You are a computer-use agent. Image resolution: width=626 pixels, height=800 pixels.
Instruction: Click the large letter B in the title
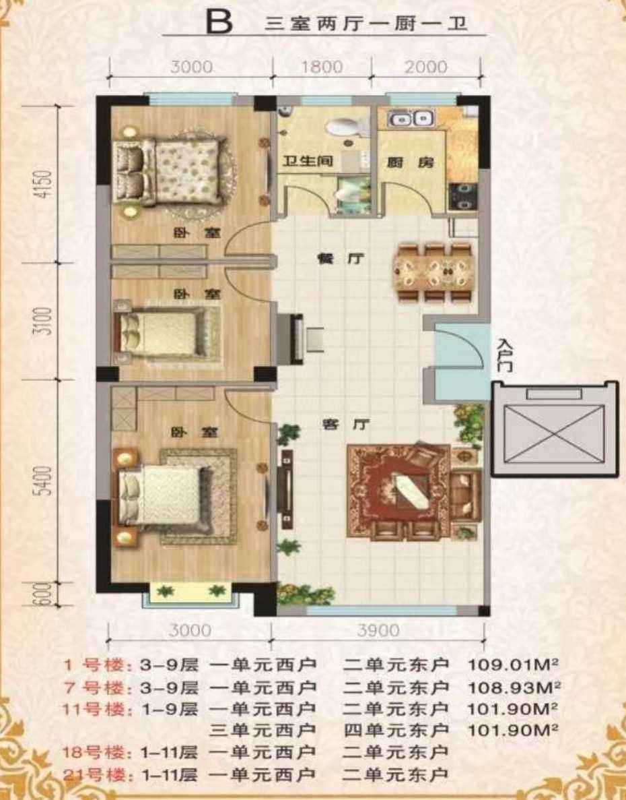[x=219, y=22]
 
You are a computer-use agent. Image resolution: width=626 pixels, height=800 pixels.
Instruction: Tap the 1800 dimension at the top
[x=322, y=67]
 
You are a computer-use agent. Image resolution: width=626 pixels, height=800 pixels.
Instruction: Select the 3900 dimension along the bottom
[x=378, y=631]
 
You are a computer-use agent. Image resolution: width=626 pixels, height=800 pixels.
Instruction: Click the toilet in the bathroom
[x=348, y=127]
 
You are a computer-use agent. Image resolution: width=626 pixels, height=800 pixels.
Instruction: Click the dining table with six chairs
[x=435, y=273]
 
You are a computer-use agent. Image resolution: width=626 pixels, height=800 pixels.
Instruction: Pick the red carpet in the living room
[x=398, y=491]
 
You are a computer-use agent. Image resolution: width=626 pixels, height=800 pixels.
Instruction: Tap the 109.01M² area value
[x=514, y=665]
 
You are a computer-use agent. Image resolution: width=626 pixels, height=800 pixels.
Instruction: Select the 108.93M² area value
[x=514, y=687]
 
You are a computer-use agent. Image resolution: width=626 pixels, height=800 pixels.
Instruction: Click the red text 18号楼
[x=94, y=752]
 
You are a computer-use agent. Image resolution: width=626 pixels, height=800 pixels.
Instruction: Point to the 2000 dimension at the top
[x=426, y=67]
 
